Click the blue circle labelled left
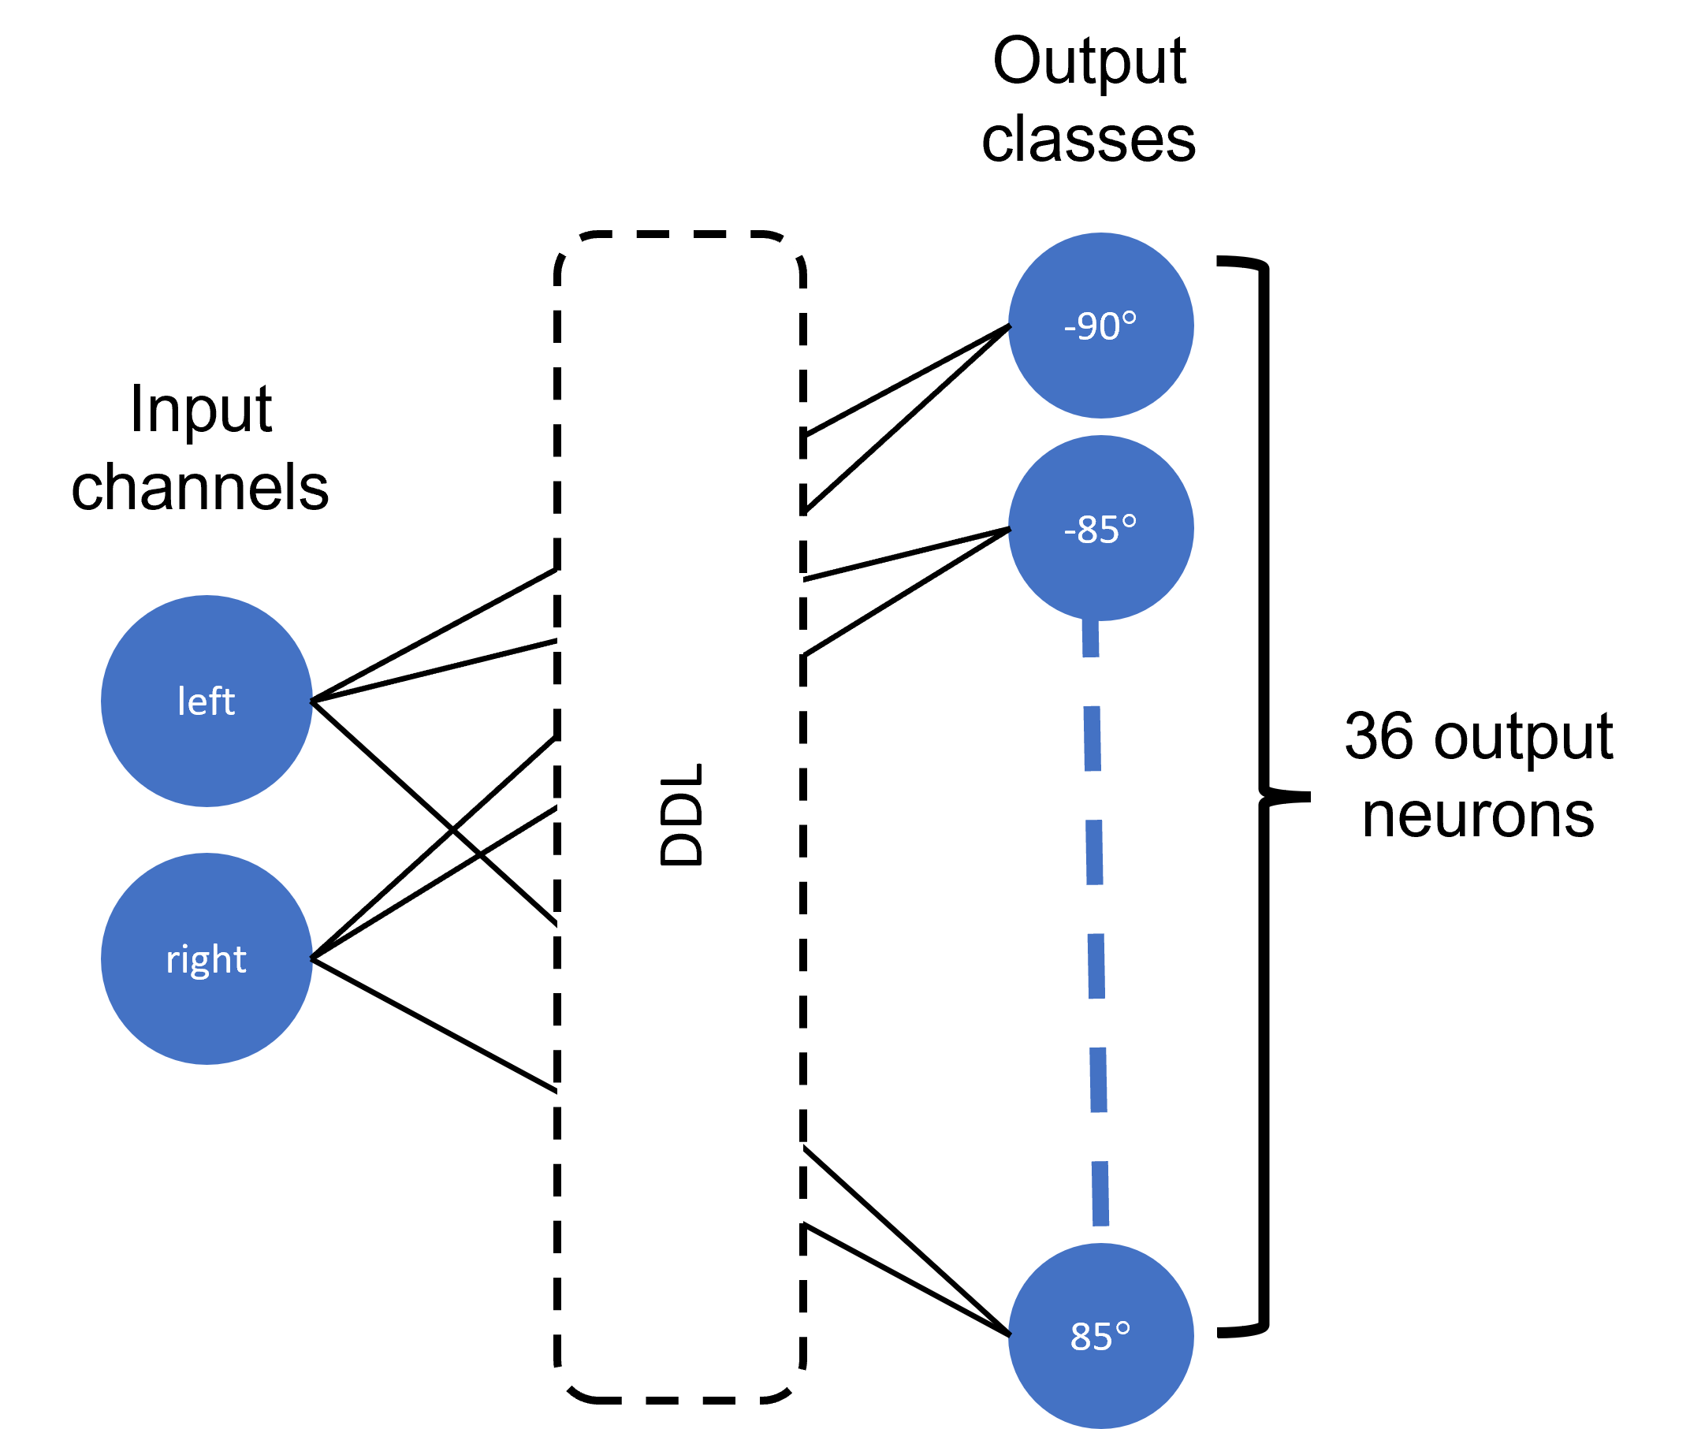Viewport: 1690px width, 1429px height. point(206,701)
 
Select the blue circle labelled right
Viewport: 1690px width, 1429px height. point(206,958)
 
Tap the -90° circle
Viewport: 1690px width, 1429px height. point(1100,326)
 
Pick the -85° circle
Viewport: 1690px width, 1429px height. point(1100,528)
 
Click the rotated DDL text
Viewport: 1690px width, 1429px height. point(680,814)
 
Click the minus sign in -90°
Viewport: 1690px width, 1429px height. point(1070,328)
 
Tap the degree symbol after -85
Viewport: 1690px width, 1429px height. point(1129,522)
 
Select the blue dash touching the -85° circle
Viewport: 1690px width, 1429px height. point(1090,639)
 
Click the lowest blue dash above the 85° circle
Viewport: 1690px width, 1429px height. point(1100,1193)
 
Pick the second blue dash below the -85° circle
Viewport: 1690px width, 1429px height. point(1092,738)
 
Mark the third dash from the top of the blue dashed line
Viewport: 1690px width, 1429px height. point(1094,852)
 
